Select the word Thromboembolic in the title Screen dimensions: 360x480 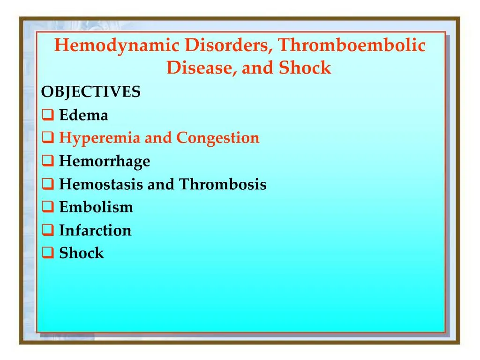pyautogui.click(x=352, y=45)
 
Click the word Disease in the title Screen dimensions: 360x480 pyautogui.click(x=202, y=68)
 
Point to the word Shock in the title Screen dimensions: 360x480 pyautogui.click(x=305, y=68)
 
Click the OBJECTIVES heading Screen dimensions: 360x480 pyautogui.click(x=90, y=92)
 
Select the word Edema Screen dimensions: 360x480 pyautogui.click(x=83, y=115)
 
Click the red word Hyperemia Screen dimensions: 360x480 pyautogui.click(x=100, y=138)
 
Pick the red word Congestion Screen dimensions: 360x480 pyautogui.click(x=217, y=138)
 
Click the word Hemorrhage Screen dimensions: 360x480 pyautogui.click(x=105, y=161)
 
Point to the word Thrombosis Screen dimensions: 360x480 pyautogui.click(x=223, y=184)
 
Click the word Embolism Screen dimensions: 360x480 pyautogui.click(x=96, y=207)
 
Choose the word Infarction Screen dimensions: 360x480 pyautogui.click(x=95, y=230)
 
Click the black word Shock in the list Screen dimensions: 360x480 pyautogui.click(x=82, y=253)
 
